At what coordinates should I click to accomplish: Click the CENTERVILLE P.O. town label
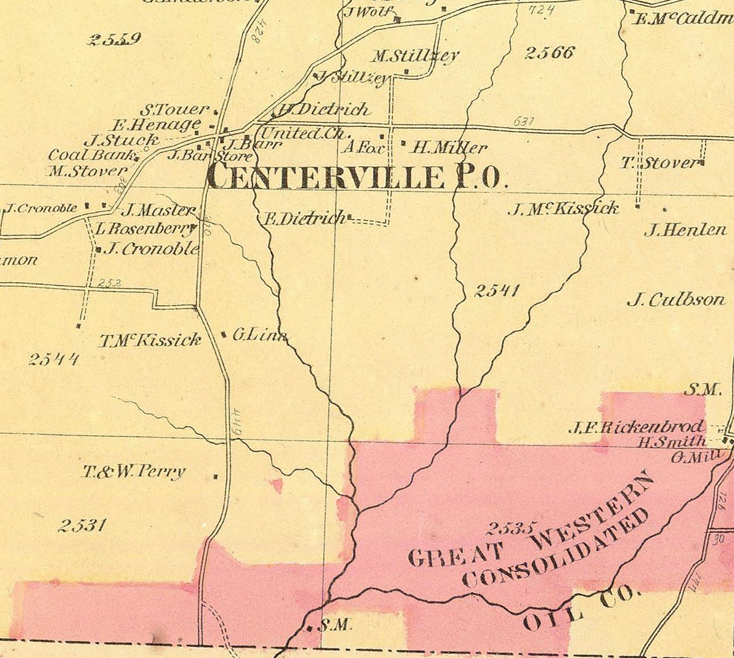pyautogui.click(x=354, y=177)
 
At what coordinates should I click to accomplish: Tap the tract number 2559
pyautogui.click(x=114, y=40)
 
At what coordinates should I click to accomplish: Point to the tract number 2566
pyautogui.click(x=549, y=53)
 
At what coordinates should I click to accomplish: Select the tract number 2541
pyautogui.click(x=496, y=291)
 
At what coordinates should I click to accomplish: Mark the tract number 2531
pyautogui.click(x=83, y=525)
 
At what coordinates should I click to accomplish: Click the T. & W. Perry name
pyautogui.click(x=134, y=472)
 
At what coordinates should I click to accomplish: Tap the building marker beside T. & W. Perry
pyautogui.click(x=215, y=477)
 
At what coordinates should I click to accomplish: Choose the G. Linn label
pyautogui.click(x=259, y=335)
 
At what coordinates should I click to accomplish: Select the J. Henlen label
pyautogui.click(x=685, y=230)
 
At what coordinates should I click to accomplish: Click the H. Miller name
pyautogui.click(x=449, y=147)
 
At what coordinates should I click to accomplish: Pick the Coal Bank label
pyautogui.click(x=92, y=155)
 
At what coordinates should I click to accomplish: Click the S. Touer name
pyautogui.click(x=174, y=111)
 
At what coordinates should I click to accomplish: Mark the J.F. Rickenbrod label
pyautogui.click(x=636, y=427)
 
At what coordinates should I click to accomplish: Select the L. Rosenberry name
pyautogui.click(x=145, y=229)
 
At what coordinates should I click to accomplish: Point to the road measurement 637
pyautogui.click(x=524, y=121)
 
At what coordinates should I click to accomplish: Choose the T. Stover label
pyautogui.click(x=659, y=163)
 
